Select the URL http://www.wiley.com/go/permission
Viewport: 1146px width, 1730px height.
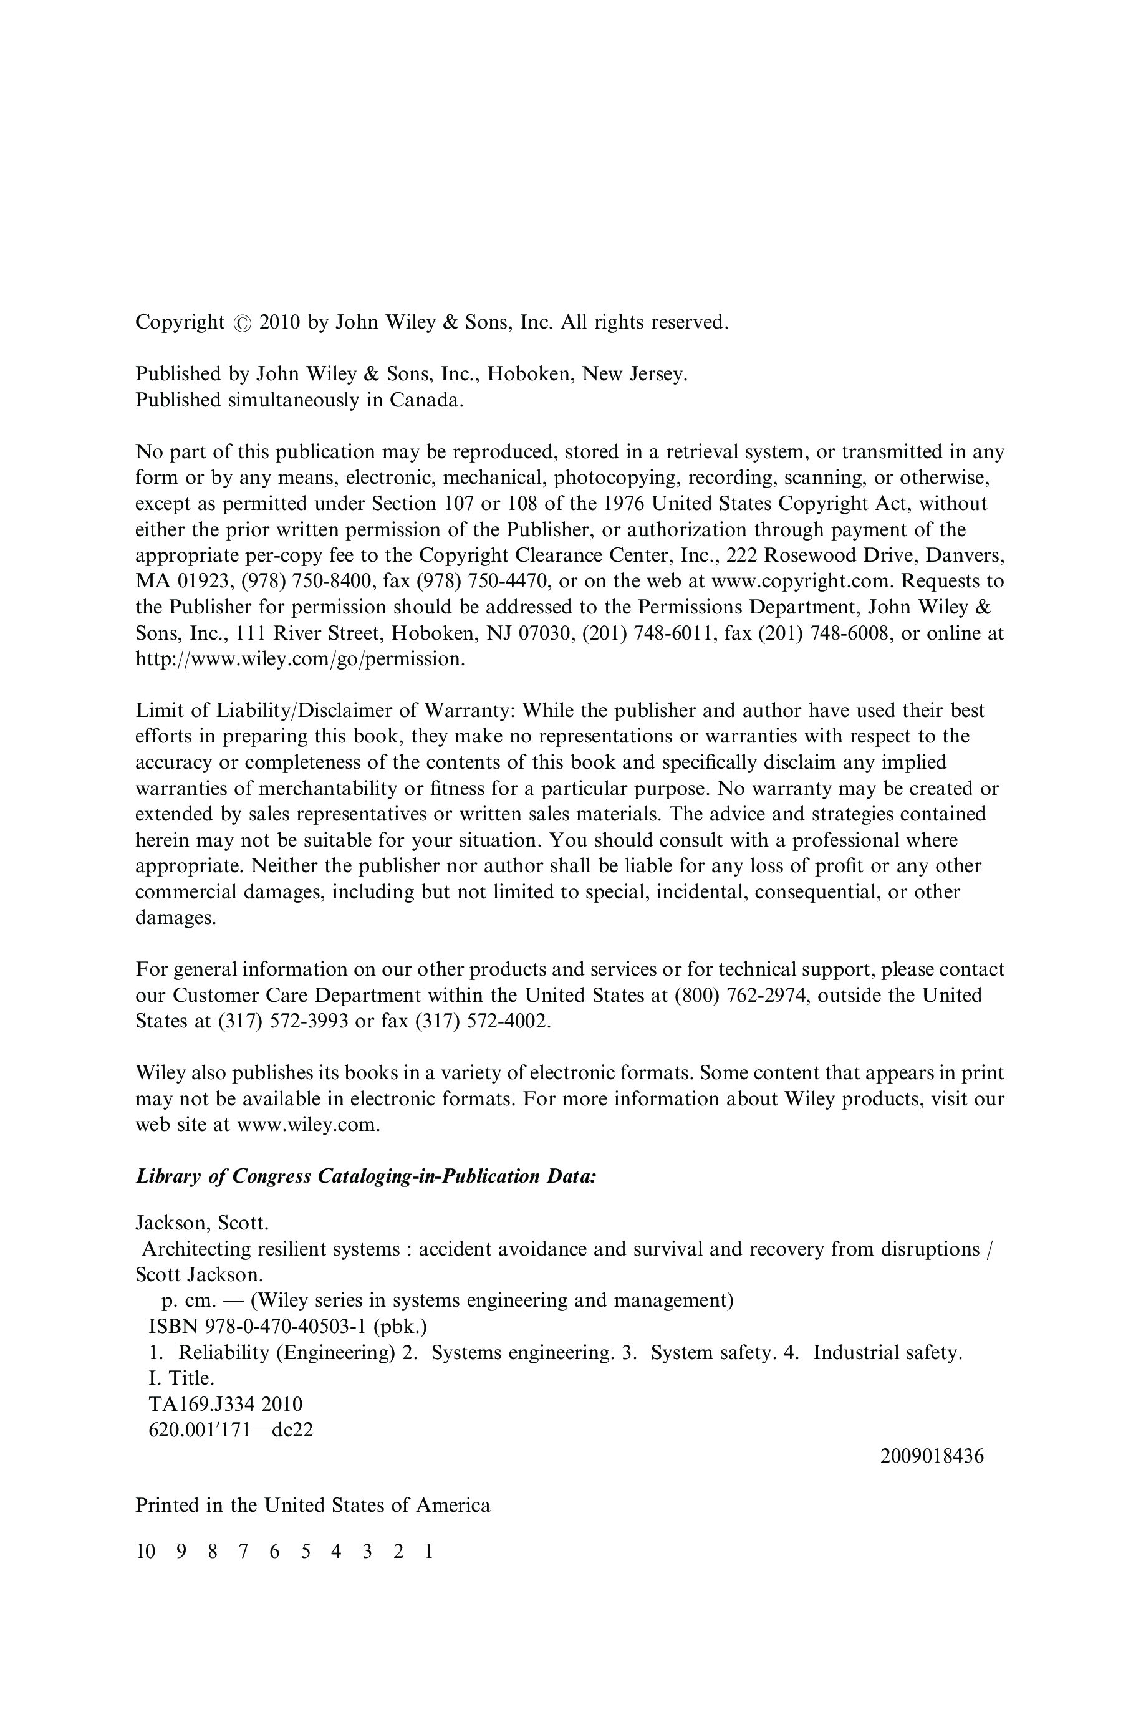click(300, 659)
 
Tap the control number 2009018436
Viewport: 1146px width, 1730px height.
click(932, 1456)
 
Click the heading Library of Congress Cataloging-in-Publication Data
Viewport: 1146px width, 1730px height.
click(366, 1177)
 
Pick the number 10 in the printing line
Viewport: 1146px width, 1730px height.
click(145, 1551)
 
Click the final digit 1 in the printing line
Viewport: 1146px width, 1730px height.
click(429, 1551)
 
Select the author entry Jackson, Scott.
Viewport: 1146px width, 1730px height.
click(202, 1223)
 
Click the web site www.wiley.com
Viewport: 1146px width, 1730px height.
click(307, 1125)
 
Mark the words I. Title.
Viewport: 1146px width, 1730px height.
click(181, 1378)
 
